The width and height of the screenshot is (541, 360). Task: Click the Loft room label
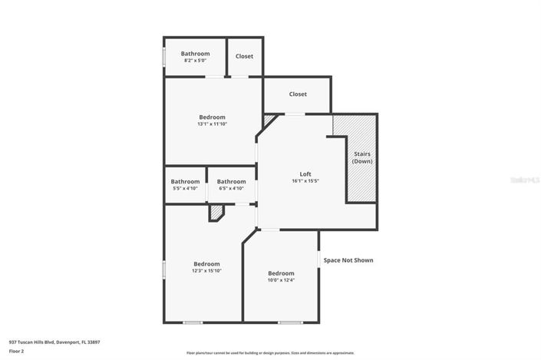coord(305,173)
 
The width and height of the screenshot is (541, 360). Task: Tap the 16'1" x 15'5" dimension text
coord(305,181)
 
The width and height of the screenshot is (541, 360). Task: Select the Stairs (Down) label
coord(362,158)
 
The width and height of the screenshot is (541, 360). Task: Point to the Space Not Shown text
coord(348,260)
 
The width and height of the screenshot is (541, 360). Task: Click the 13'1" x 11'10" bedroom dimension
coord(213,124)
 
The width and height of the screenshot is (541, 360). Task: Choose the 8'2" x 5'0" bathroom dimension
coord(195,61)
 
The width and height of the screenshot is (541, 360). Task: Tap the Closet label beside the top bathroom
coord(244,56)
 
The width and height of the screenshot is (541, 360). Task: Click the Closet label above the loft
coord(298,94)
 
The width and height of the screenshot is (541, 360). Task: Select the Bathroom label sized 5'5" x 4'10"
coord(185,181)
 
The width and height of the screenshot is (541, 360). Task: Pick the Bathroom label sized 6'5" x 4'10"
coord(231,181)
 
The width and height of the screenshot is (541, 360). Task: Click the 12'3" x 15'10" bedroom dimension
coord(206,271)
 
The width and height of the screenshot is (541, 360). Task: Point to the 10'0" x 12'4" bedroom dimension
coord(281,280)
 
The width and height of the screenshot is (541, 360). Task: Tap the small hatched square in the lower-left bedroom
coord(216,212)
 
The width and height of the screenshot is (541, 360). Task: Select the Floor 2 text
coord(17,351)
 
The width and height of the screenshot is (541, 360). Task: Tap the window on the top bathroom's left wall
coord(163,58)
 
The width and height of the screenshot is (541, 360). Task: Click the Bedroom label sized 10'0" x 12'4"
coord(281,273)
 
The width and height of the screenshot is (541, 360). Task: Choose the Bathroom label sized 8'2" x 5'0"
coord(195,54)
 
